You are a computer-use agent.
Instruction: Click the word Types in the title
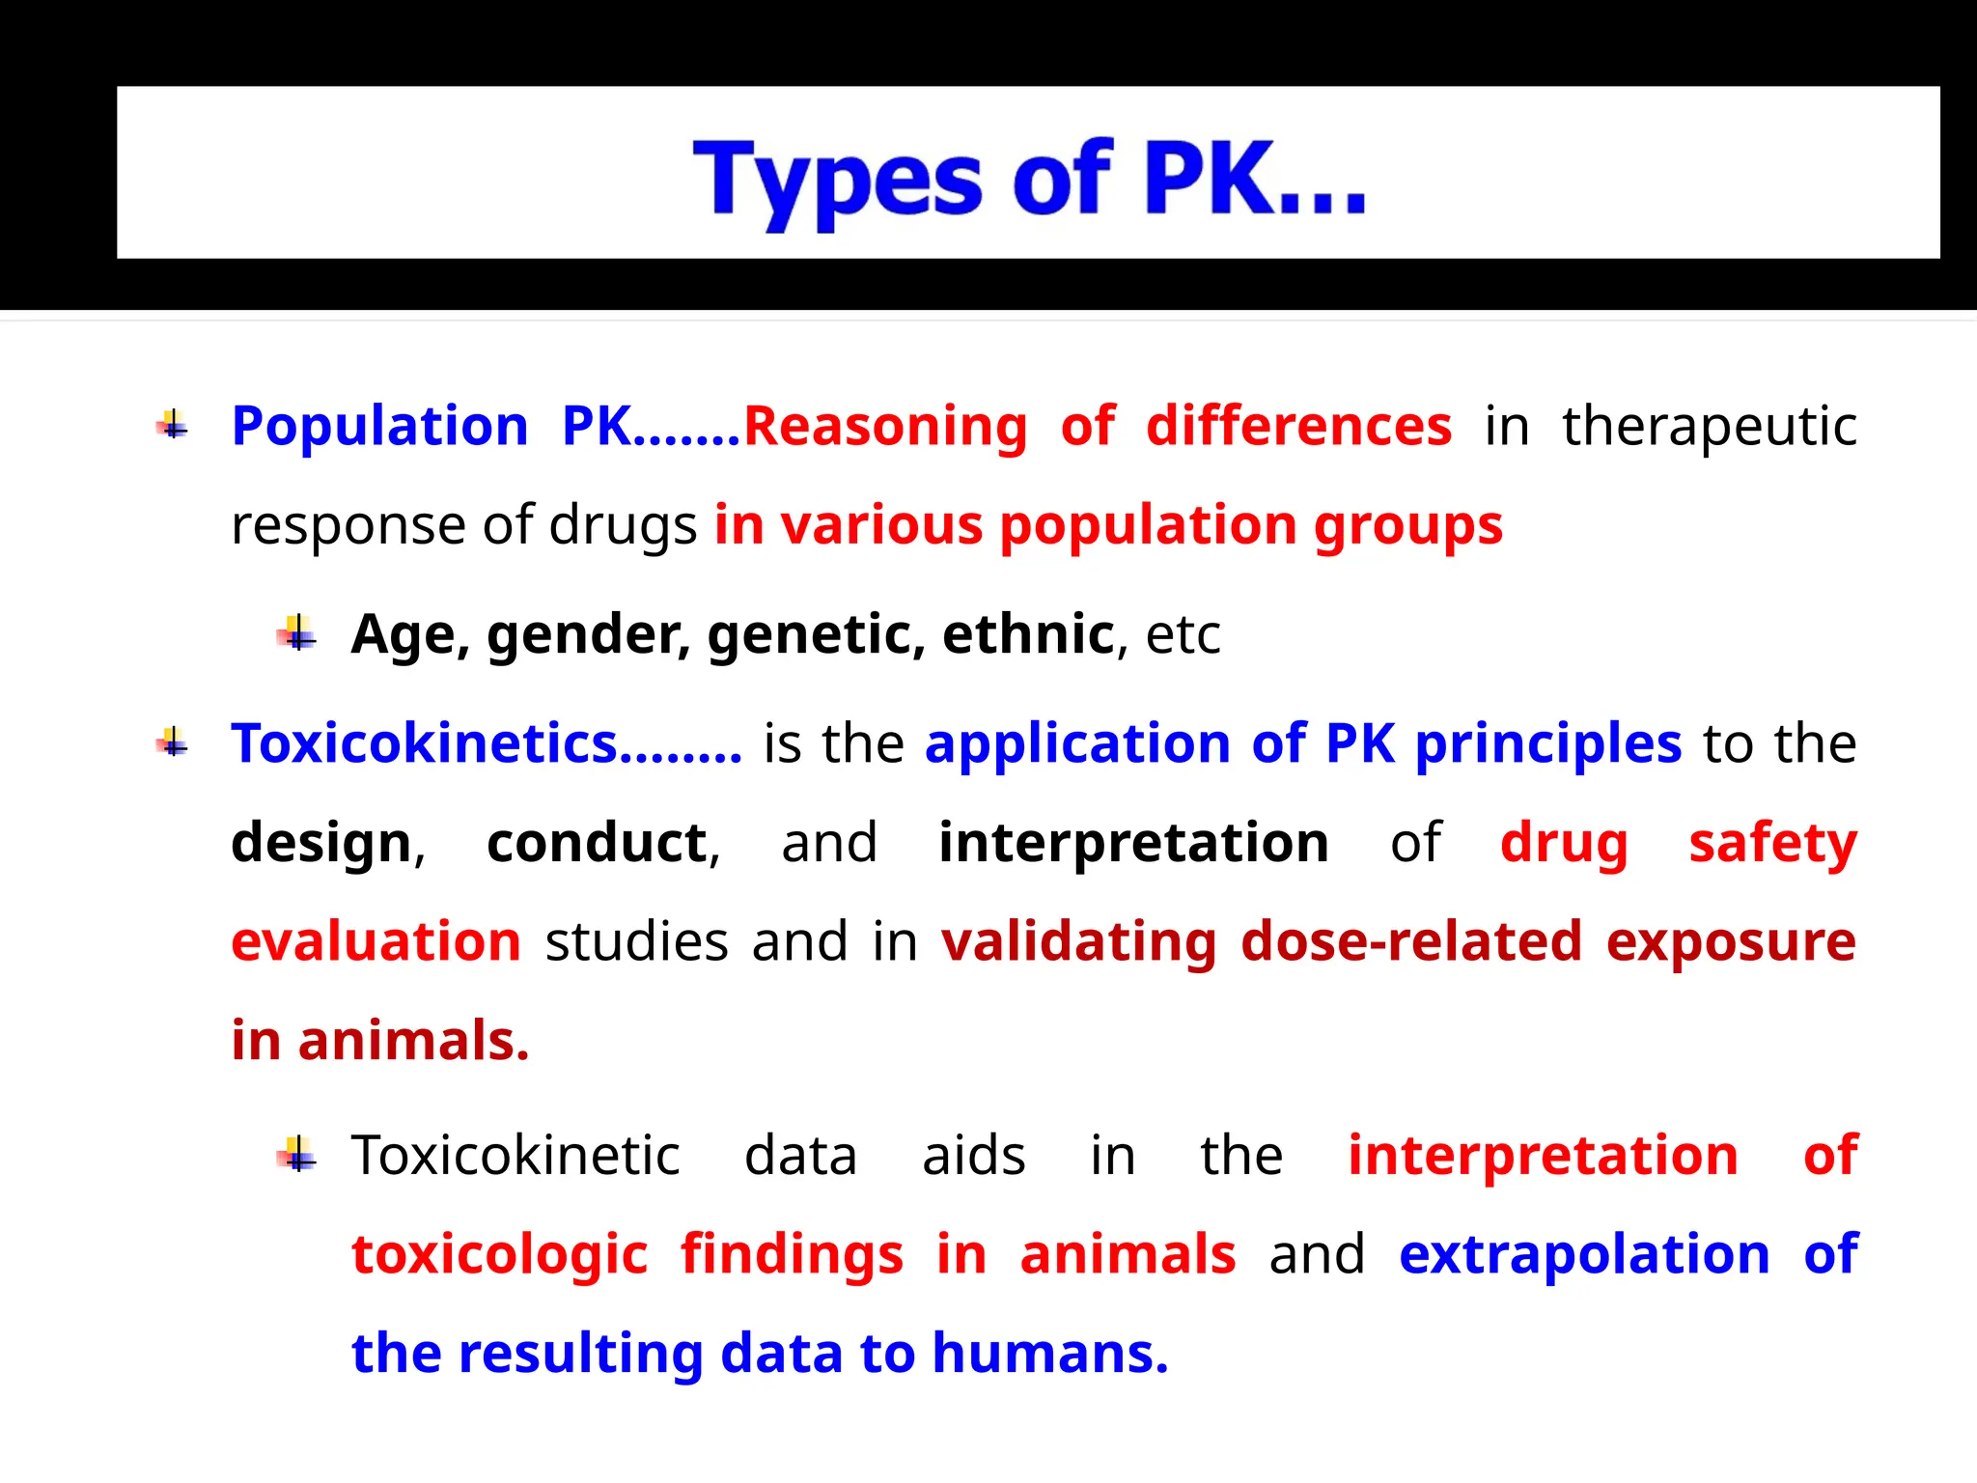tap(837, 180)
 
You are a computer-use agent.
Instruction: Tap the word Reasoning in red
tap(885, 426)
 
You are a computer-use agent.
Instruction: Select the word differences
tap(1298, 426)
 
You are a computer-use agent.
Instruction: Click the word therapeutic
tap(1710, 426)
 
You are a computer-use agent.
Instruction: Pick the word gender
tap(588, 635)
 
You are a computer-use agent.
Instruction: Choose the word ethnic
tap(1028, 634)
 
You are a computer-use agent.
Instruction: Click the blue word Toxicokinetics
tap(425, 743)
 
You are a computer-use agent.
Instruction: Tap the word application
tap(1077, 743)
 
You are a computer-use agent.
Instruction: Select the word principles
tap(1548, 743)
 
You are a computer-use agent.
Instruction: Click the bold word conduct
tap(597, 842)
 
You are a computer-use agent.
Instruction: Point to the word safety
tap(1772, 842)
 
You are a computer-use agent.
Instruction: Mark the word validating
tap(1078, 941)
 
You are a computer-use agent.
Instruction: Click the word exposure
tap(1731, 941)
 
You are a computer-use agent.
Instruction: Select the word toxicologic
tap(499, 1254)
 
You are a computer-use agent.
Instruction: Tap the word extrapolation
tap(1584, 1254)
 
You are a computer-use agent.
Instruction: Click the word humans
tap(1049, 1354)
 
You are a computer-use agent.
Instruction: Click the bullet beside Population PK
tap(173, 424)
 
